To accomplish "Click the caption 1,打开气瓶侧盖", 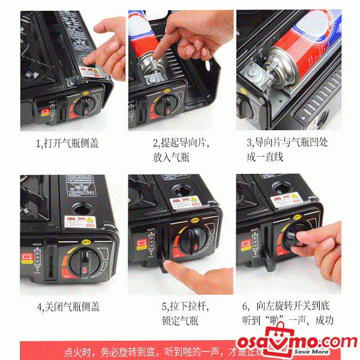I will point(68,143).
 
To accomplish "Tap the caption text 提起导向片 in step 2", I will point(181,143).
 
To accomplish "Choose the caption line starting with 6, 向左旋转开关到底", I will point(287,307).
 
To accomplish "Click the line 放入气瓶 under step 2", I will point(170,157).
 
